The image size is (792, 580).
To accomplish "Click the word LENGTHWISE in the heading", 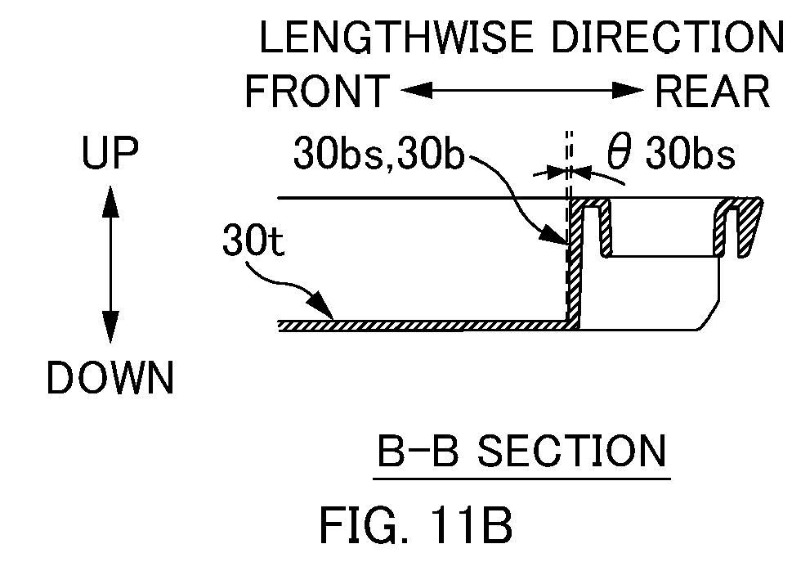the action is [x=396, y=37].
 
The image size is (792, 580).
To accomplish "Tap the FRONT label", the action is [x=318, y=91].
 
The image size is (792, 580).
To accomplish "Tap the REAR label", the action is [x=712, y=91].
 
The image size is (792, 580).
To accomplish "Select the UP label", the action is [x=110, y=152].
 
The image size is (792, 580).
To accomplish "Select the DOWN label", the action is [x=110, y=377].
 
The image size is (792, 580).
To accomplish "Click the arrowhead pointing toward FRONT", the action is [x=417, y=91].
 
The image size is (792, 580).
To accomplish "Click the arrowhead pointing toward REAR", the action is [x=629, y=91].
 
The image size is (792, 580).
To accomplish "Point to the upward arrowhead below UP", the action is [x=110, y=201].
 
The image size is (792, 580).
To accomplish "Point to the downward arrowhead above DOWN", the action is [x=110, y=326].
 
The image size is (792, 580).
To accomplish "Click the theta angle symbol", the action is [x=620, y=151].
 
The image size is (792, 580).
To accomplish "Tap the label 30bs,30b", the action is [x=378, y=153].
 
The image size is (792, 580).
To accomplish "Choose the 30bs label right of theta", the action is [x=691, y=153].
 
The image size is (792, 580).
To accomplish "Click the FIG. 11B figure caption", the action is [x=416, y=525].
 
